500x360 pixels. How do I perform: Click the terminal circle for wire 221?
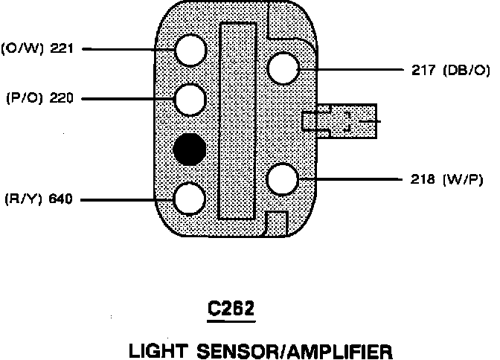(x=190, y=50)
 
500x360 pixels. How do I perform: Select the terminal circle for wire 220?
(x=190, y=97)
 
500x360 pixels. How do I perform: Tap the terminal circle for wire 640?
(x=189, y=199)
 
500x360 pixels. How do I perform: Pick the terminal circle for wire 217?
(x=283, y=70)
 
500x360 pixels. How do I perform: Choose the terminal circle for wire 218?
(x=283, y=179)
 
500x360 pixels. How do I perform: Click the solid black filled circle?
(x=189, y=150)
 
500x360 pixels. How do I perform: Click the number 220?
(x=59, y=97)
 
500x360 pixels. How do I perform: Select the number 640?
(x=59, y=199)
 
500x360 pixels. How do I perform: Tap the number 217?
(x=423, y=71)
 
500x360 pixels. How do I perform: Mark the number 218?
(x=423, y=179)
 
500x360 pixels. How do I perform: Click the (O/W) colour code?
(x=22, y=49)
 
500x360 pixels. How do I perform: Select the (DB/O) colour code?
(x=467, y=71)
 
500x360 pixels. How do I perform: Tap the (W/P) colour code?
(x=465, y=179)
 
